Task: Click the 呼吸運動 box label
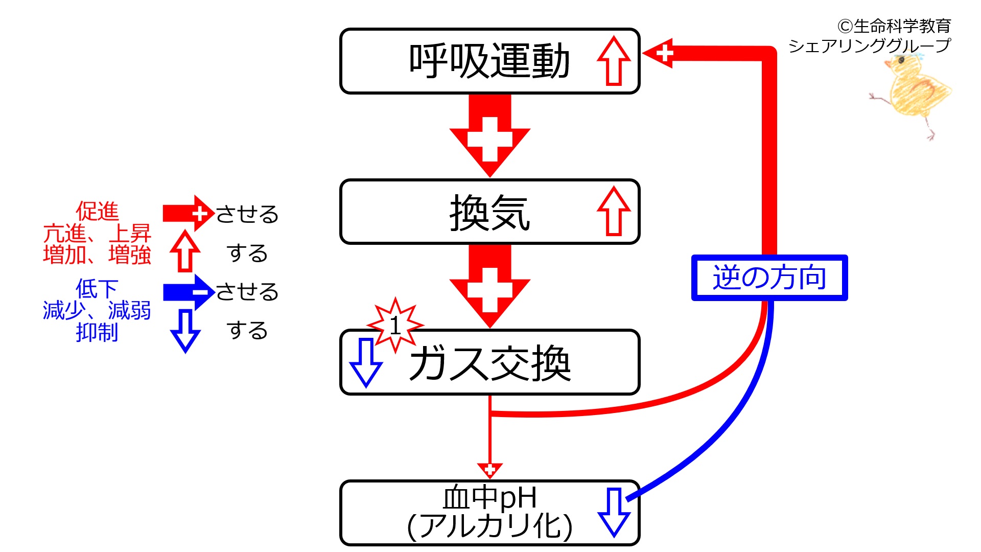pos(489,61)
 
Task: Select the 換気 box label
pos(489,213)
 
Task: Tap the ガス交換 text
pos(489,363)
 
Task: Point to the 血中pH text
pos(489,497)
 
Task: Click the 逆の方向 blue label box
pos(769,278)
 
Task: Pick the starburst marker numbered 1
pos(395,325)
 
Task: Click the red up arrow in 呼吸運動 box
pos(614,61)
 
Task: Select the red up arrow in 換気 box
pos(614,211)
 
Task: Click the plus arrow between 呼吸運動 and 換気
pos(489,135)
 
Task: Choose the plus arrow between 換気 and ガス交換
pos(489,286)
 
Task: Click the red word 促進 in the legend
pos(97,211)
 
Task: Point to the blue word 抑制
pos(97,332)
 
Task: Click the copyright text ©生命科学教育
pos(894,26)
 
